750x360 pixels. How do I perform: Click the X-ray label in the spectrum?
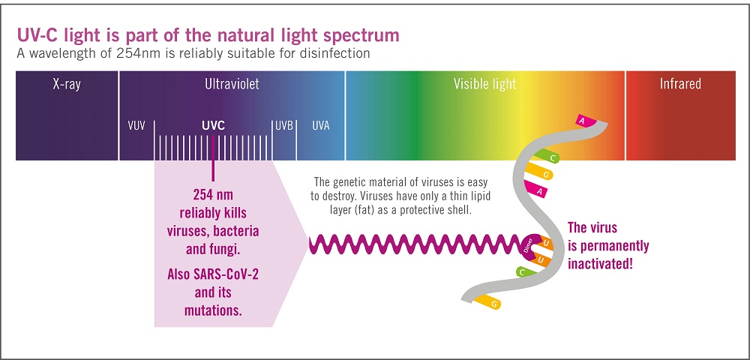[67, 85]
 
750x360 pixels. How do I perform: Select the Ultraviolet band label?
[232, 85]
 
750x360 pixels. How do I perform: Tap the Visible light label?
[484, 85]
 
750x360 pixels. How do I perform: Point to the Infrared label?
[680, 85]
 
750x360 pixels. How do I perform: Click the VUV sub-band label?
[136, 126]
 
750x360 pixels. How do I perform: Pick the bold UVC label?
[213, 126]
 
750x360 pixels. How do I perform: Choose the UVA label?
[320, 126]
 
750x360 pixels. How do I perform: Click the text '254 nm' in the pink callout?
[213, 193]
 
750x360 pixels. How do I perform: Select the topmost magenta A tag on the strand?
[583, 120]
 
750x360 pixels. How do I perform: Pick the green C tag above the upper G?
[553, 158]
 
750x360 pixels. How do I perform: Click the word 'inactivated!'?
[601, 263]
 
